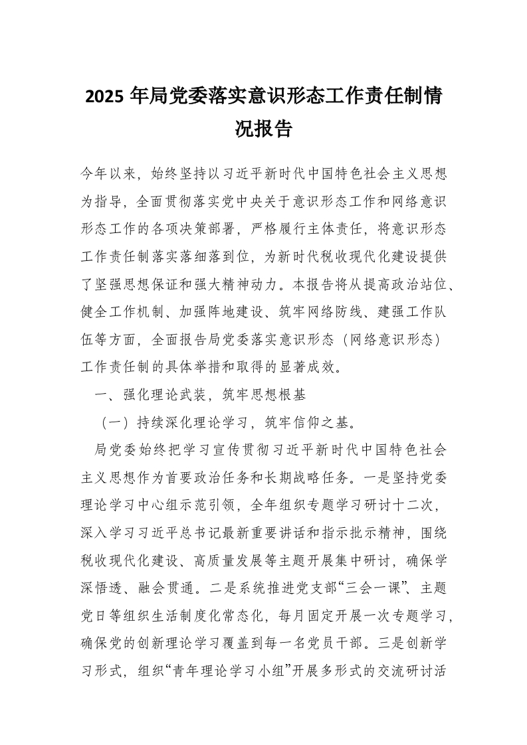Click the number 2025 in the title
[106, 97]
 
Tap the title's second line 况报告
[264, 129]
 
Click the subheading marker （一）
[114, 420]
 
